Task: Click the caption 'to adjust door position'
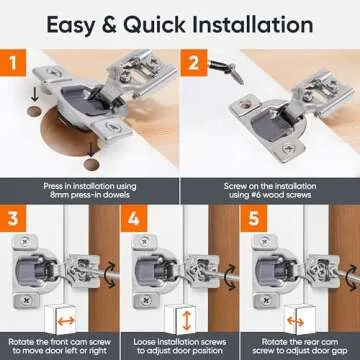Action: (180, 349)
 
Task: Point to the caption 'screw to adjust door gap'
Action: (300, 349)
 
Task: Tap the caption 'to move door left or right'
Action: (61, 349)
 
